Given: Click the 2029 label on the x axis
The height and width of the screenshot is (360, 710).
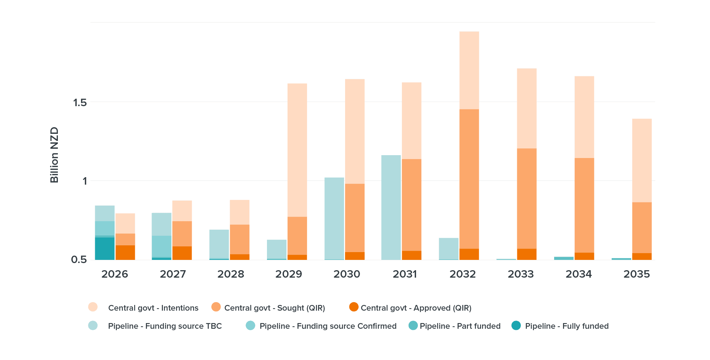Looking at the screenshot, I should [x=289, y=274].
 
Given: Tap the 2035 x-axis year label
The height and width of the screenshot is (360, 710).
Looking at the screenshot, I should [x=637, y=274].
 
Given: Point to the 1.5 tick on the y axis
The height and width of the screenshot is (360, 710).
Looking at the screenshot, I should [x=80, y=103].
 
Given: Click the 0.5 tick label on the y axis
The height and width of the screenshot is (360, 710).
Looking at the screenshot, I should [x=78, y=260].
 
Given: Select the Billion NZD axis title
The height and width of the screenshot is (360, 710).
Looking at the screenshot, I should [x=54, y=155].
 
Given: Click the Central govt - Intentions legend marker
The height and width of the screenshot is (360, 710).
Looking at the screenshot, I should [x=93, y=307].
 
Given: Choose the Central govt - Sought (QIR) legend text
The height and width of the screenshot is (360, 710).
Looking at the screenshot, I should [x=274, y=308].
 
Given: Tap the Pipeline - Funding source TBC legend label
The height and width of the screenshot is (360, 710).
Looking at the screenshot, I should [x=165, y=326].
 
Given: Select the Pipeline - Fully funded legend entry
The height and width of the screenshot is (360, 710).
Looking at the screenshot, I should [x=567, y=326].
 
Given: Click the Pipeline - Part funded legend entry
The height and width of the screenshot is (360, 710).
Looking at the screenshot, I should [x=460, y=326].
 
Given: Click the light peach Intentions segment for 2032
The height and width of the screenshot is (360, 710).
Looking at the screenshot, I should [x=469, y=70].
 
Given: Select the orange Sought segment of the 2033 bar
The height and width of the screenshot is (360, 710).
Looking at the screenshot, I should [x=526, y=198].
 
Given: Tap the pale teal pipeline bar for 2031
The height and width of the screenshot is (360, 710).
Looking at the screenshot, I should [x=391, y=207].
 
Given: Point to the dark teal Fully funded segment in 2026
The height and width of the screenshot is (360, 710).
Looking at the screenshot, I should [x=105, y=249].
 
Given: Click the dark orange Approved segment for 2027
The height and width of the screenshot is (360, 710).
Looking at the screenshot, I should [x=182, y=253].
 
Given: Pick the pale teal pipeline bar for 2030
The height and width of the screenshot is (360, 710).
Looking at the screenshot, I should [x=334, y=218].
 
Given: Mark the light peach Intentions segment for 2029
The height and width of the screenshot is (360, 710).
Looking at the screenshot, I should [x=297, y=150].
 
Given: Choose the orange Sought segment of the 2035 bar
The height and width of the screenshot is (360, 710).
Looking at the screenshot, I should [x=641, y=228].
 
